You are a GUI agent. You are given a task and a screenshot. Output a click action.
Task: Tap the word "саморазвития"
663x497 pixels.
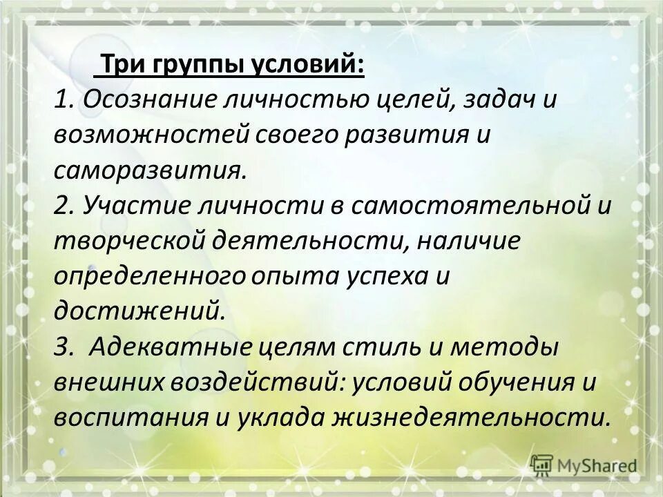pos(148,170)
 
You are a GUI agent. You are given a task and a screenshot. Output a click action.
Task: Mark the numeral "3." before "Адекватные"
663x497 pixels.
pos(65,347)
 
